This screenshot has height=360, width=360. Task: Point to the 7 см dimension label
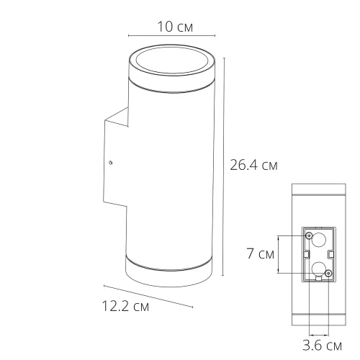pyautogui.click(x=258, y=253)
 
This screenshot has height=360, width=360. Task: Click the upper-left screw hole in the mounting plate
pyautogui.click(x=309, y=236)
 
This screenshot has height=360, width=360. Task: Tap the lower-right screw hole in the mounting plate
pyautogui.click(x=328, y=273)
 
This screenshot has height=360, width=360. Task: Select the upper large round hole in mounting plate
pyautogui.click(x=319, y=241)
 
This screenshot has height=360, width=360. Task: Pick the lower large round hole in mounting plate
pyautogui.click(x=318, y=268)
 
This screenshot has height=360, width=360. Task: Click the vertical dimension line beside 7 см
pyautogui.click(x=279, y=254)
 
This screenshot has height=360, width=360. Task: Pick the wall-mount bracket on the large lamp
pyautogui.click(x=115, y=162)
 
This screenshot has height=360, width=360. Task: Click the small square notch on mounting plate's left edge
pyautogui.click(x=306, y=254)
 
